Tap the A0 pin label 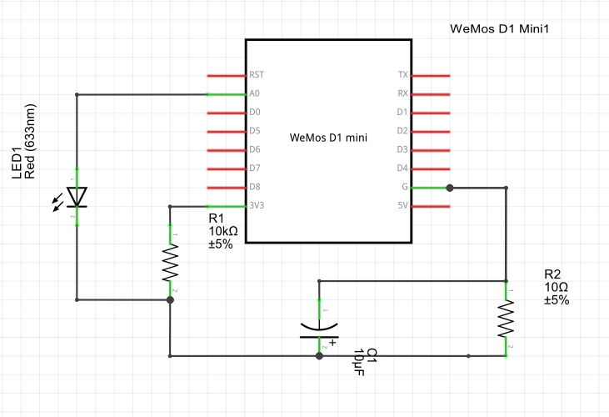(x=255, y=94)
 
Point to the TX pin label (x=403, y=75)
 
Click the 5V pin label (x=403, y=206)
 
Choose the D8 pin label (x=255, y=188)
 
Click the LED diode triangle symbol (x=77, y=197)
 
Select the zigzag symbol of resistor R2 (x=506, y=319)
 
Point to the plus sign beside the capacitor (x=332, y=342)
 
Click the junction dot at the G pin (x=449, y=188)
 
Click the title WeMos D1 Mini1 (x=502, y=28)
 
